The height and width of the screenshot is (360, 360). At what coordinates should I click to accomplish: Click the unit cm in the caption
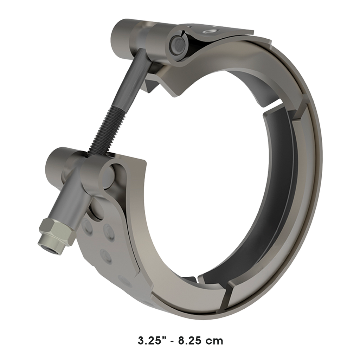coord(215,340)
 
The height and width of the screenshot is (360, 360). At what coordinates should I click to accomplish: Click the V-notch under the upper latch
coord(172,90)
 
